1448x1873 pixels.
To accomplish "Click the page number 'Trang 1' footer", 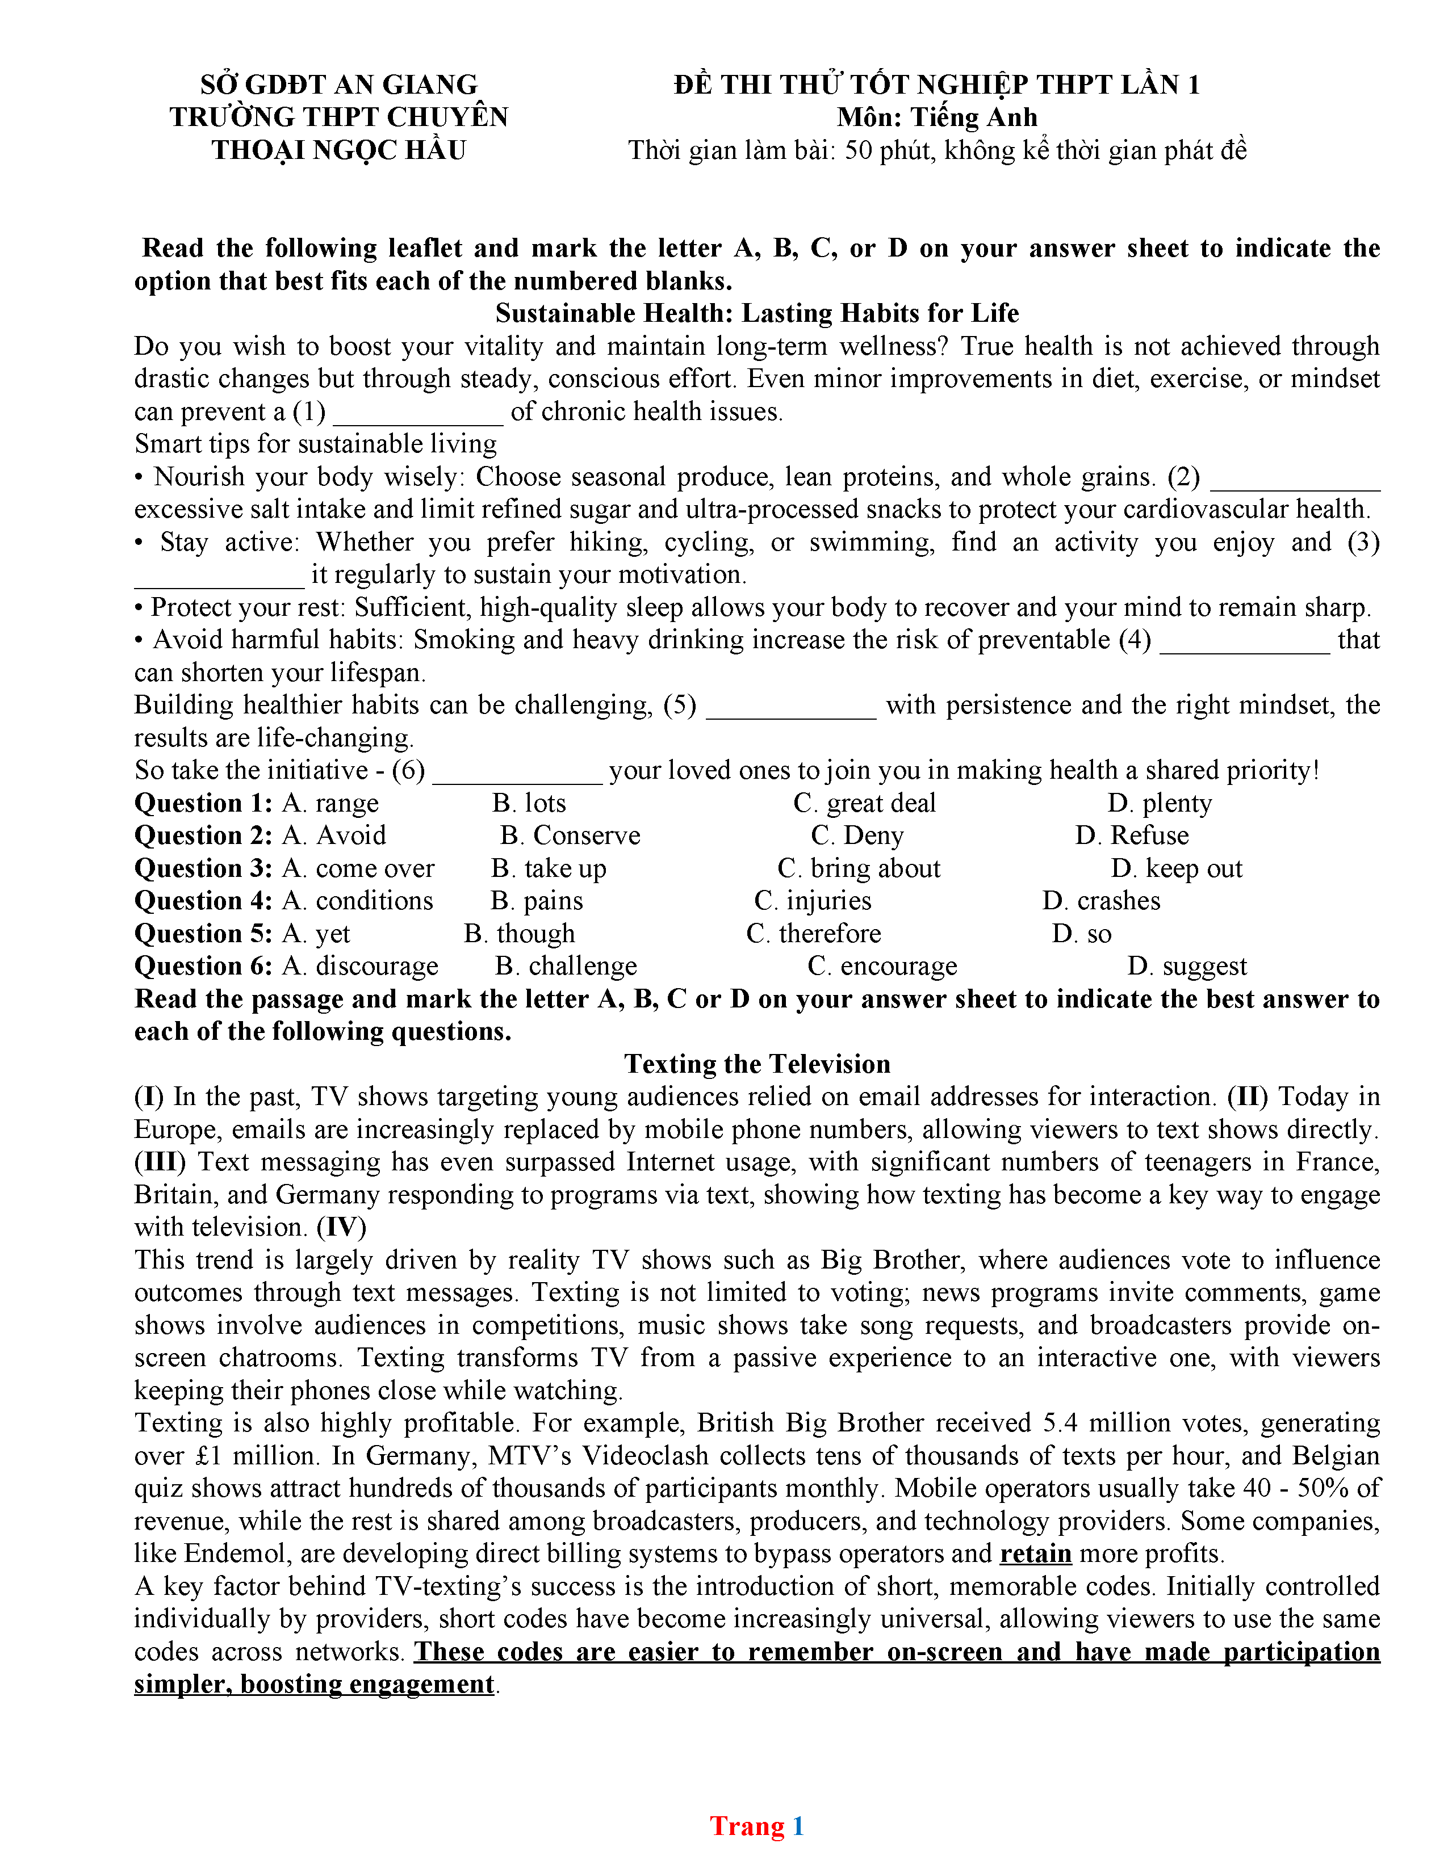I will pos(756,1826).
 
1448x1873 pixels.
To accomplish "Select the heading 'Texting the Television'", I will pos(756,1064).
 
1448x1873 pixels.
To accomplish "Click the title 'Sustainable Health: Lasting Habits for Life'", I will pos(756,313).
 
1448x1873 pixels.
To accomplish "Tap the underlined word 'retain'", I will pos(1035,1553).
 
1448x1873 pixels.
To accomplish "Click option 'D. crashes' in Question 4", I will pos(1102,901).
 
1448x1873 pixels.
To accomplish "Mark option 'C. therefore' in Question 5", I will pos(813,933).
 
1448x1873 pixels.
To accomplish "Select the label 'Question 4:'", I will pos(203,901).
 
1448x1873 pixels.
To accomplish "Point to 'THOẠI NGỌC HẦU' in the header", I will pos(339,150).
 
